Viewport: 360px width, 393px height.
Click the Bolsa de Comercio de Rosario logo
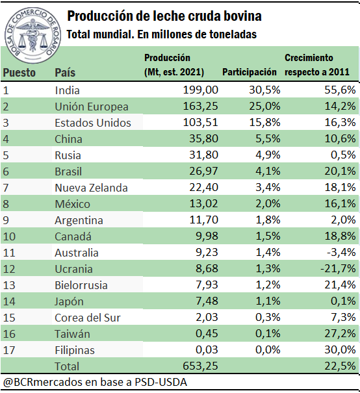pyautogui.click(x=32, y=35)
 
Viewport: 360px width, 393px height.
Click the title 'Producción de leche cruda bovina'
pyautogui.click(x=164, y=16)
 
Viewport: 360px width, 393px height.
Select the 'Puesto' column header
pyautogui.click(x=19, y=73)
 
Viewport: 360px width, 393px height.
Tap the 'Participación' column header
pyautogui.click(x=249, y=72)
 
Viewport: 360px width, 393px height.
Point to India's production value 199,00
pyautogui.click(x=201, y=90)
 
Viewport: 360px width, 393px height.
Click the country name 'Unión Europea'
pyautogui.click(x=92, y=107)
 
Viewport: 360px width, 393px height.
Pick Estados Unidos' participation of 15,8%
pyautogui.click(x=264, y=122)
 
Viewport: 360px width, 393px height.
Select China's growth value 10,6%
pyautogui.click(x=341, y=138)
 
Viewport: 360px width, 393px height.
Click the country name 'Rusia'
pyautogui.click(x=68, y=155)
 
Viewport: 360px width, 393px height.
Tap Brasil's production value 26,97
pyautogui.click(x=203, y=171)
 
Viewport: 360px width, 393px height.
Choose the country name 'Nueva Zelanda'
pyautogui.click(x=91, y=188)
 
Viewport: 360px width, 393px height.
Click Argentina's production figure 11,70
pyautogui.click(x=203, y=220)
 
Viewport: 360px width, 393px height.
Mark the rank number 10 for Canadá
pyautogui.click(x=9, y=236)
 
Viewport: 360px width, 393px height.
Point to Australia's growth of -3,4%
pyautogui.click(x=341, y=252)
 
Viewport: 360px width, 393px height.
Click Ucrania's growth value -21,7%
pyautogui.click(x=338, y=268)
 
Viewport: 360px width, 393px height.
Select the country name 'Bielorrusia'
pyautogui.click(x=81, y=285)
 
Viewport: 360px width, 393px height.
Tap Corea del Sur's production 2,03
pyautogui.click(x=207, y=317)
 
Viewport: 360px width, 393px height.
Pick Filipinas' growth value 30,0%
pyautogui.click(x=341, y=349)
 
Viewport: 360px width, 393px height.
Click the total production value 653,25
pyautogui.click(x=201, y=366)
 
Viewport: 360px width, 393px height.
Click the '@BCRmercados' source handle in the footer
pyautogui.click(x=43, y=383)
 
